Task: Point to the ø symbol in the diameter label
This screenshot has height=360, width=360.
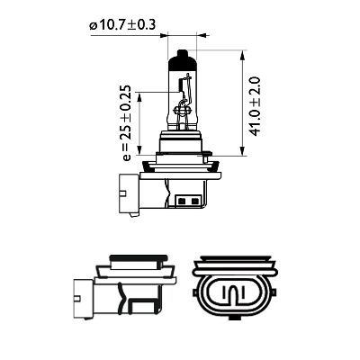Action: pos(94,26)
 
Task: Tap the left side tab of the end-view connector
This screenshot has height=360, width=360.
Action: pos(197,293)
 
